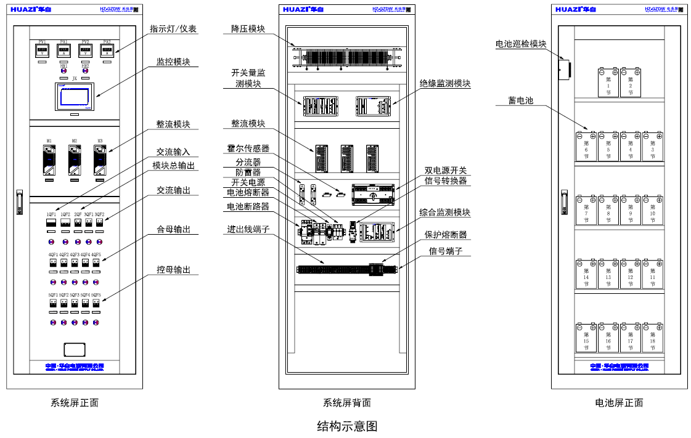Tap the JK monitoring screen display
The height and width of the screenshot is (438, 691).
(74, 97)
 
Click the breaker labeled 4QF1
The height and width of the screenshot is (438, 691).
(53, 263)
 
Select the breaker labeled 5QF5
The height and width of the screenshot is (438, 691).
(96, 304)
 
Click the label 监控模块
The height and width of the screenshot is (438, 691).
(173, 62)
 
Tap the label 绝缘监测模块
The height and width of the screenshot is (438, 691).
(445, 83)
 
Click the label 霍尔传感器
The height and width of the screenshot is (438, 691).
(248, 148)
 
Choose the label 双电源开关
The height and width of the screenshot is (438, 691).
(446, 170)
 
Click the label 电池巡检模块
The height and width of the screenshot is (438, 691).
(521, 44)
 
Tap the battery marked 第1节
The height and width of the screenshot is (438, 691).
(608, 83)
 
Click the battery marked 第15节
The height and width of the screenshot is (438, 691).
(586, 337)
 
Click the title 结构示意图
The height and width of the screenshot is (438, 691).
(346, 426)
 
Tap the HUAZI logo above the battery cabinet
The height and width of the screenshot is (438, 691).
(575, 9)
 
